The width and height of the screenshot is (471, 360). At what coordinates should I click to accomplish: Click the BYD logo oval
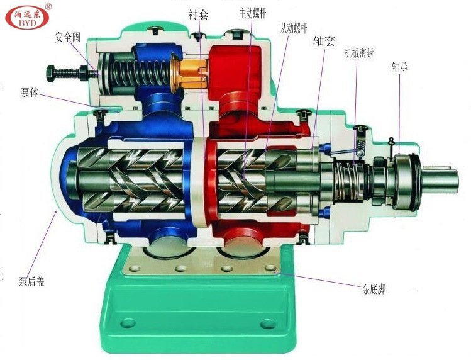pos(27,18)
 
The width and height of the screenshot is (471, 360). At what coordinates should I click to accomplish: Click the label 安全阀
pos(67,38)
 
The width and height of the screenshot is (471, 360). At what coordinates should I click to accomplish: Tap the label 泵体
pos(30,93)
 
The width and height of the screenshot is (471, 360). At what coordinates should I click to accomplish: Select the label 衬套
pos(198,14)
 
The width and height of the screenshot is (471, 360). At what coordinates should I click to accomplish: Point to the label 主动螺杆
pos(252,13)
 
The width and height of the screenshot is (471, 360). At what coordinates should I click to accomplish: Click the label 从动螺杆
pos(294,28)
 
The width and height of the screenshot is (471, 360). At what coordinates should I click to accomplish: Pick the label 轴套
pos(324,41)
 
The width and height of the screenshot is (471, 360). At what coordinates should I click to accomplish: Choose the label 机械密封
pos(358,53)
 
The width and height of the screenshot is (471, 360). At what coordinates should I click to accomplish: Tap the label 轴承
pos(400,67)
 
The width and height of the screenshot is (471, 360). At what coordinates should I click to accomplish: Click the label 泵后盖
pos(31,281)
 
